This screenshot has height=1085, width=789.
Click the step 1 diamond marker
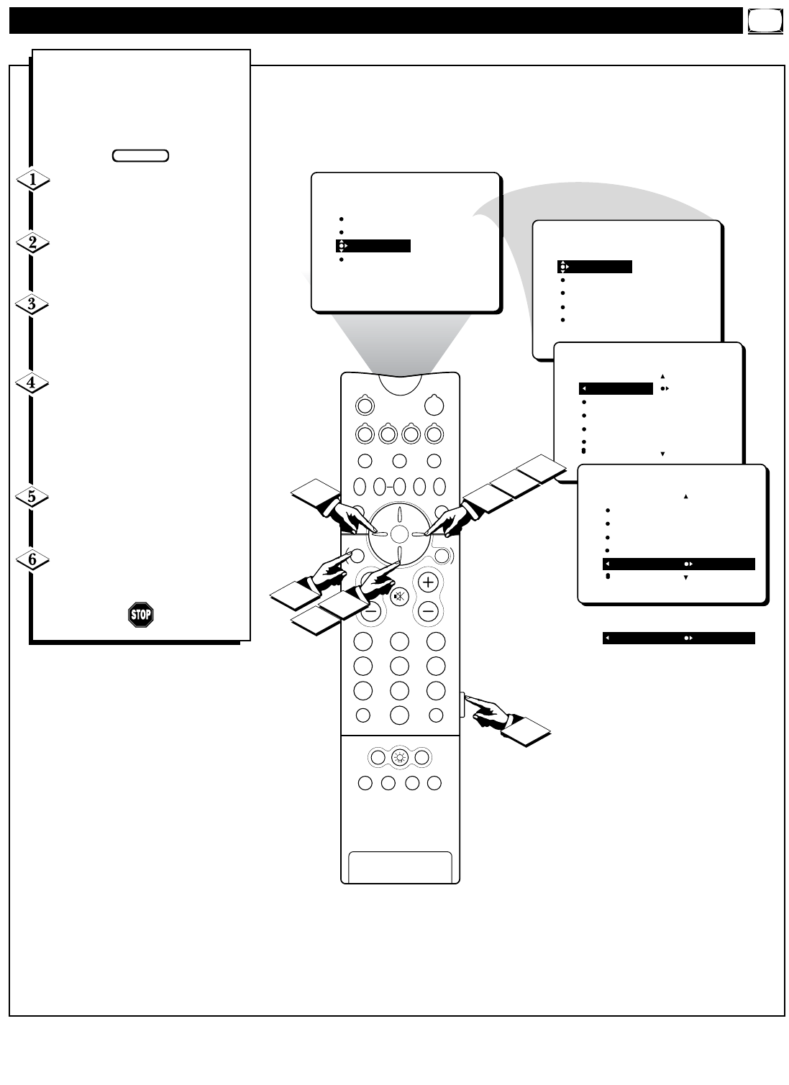point(32,180)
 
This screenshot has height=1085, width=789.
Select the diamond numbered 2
point(32,243)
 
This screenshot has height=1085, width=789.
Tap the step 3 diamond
point(32,304)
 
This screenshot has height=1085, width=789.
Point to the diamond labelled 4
point(32,383)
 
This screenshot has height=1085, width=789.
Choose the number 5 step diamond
point(32,497)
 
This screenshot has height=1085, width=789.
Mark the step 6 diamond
point(32,559)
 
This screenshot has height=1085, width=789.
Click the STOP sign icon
point(141,615)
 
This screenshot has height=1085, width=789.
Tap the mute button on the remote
point(400,595)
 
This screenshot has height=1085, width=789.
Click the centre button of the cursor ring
point(400,534)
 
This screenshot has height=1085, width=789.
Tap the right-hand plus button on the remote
point(429,582)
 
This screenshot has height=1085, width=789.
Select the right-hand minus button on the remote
point(429,612)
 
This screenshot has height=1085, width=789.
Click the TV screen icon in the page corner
point(765,22)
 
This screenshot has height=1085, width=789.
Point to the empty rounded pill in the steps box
point(141,155)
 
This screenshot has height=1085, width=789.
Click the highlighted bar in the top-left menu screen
point(373,246)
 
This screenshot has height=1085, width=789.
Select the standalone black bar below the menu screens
point(678,638)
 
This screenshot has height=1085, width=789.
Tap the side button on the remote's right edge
point(461,704)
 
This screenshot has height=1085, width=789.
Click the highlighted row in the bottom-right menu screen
point(678,564)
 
